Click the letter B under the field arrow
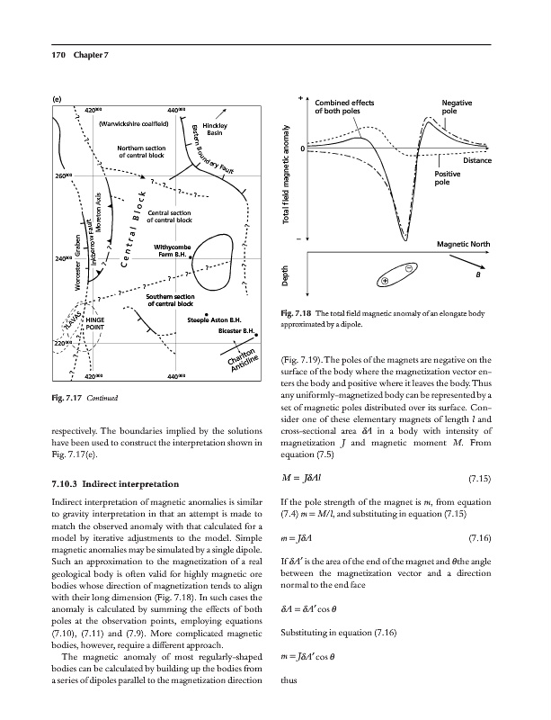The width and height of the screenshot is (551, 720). click(478, 277)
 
